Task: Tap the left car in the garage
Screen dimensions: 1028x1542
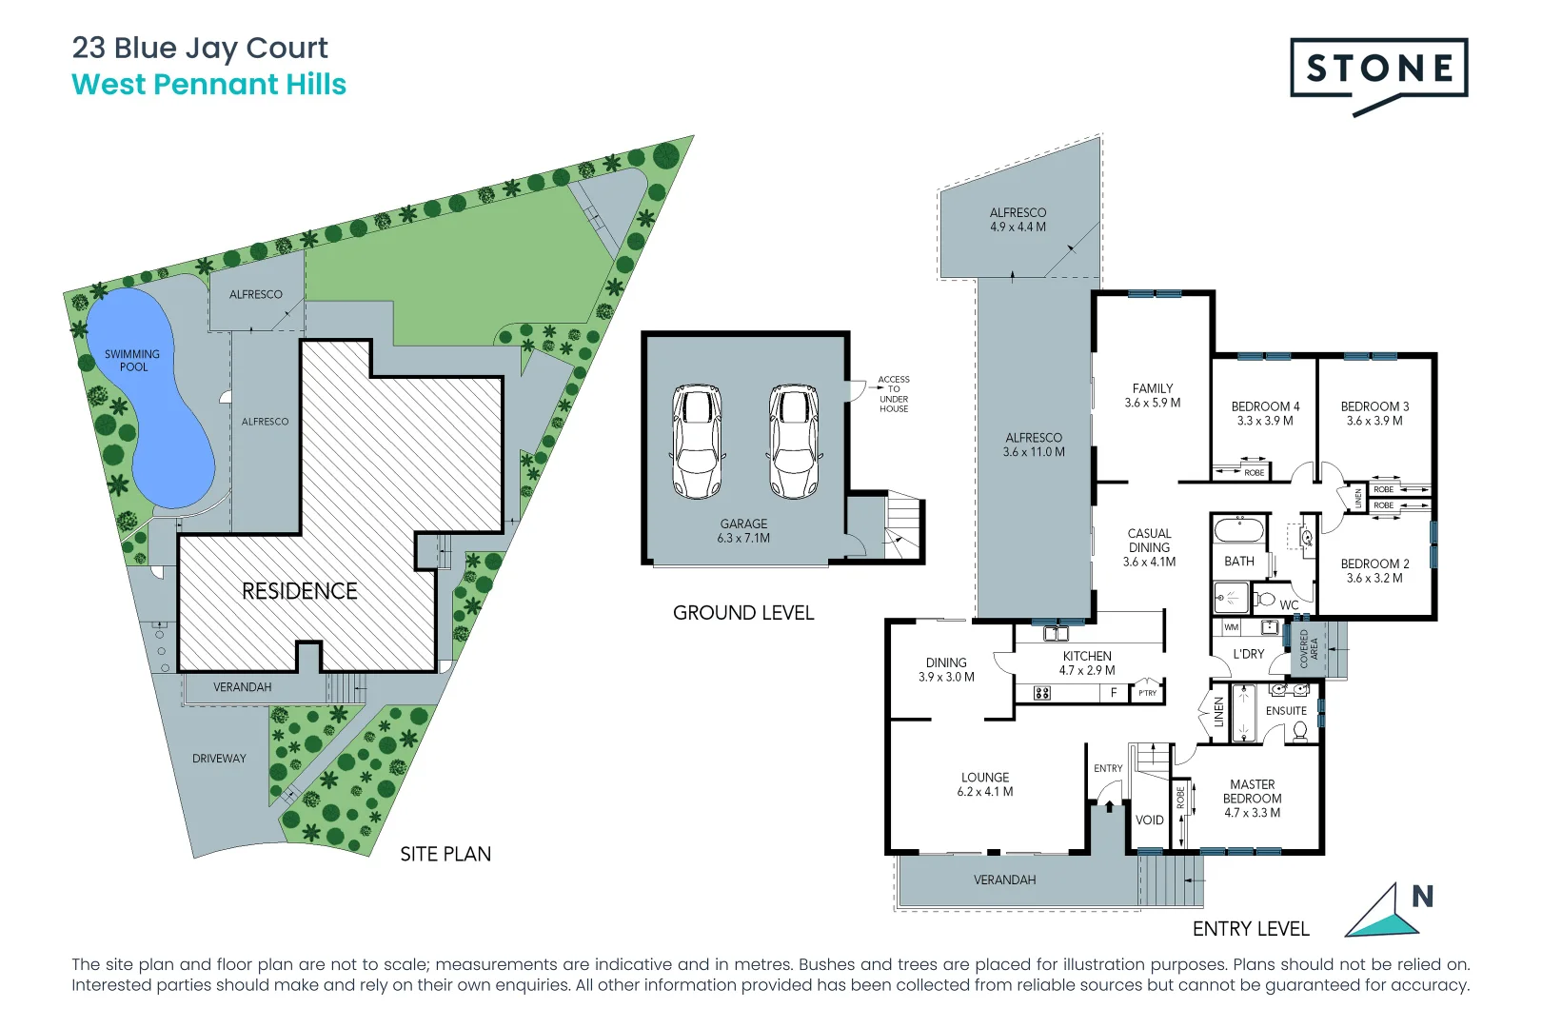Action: (x=697, y=441)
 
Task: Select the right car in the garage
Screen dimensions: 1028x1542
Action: (x=794, y=441)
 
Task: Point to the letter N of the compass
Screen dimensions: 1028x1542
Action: (x=1422, y=897)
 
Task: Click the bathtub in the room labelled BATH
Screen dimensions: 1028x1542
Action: (x=1238, y=529)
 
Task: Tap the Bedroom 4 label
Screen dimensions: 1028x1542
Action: (x=1265, y=413)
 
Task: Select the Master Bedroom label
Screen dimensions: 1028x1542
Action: (x=1252, y=799)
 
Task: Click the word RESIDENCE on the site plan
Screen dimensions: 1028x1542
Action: (x=300, y=591)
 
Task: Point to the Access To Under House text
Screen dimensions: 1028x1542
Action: (x=893, y=394)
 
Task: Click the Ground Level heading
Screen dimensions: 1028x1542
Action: (x=743, y=613)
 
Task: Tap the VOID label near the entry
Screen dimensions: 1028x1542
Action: (x=1149, y=820)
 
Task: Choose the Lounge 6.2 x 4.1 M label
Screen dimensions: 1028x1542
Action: (x=985, y=784)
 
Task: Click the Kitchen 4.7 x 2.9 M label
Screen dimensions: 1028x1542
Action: (x=1087, y=662)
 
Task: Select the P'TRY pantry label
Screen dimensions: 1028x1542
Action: (x=1148, y=693)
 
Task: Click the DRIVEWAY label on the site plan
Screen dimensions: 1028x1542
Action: (x=219, y=759)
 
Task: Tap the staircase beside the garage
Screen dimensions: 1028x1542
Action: (x=902, y=528)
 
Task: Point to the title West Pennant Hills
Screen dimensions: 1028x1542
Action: (x=209, y=85)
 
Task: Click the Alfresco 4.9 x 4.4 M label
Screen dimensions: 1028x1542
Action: (x=1018, y=220)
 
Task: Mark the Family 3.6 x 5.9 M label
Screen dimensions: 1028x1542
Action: (x=1152, y=395)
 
